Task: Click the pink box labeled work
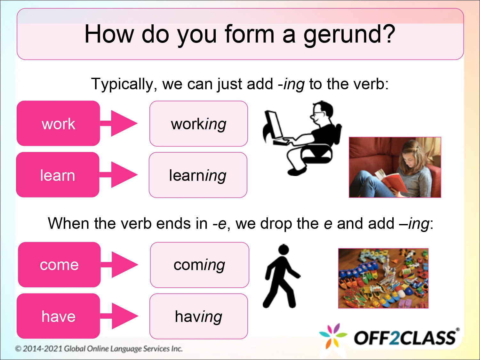pos(58,124)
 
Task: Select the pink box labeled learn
pos(58,175)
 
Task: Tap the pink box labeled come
pos(59,265)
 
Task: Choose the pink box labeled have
pos(58,316)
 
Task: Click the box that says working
pos(198,124)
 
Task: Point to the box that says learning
pos(198,175)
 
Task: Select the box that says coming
pos(199,265)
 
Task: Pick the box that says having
pos(198,316)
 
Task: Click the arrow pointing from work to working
pos(120,123)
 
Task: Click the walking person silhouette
pos(281,277)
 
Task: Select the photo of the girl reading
pos(395,167)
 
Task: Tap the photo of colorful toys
pos(383,278)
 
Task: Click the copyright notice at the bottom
pos(99,348)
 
